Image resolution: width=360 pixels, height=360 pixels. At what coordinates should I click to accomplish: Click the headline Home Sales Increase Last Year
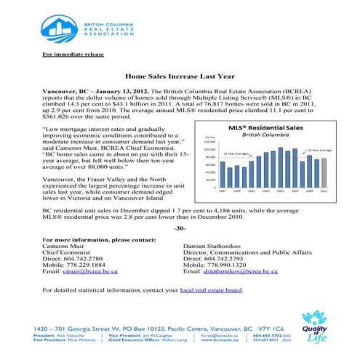click(x=180, y=76)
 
